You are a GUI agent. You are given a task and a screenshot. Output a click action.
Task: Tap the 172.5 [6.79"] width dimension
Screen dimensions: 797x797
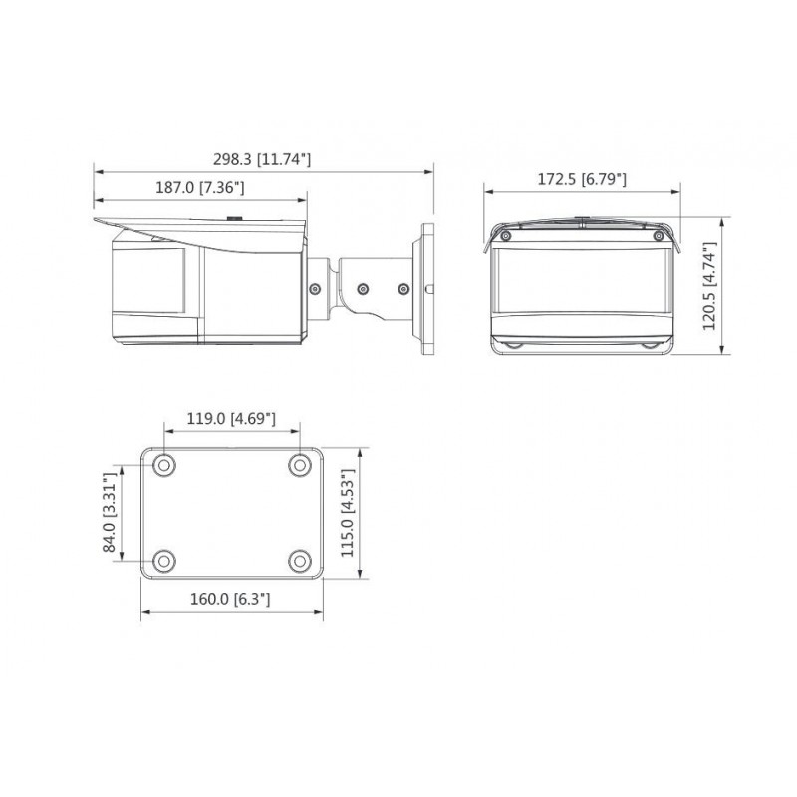point(581,179)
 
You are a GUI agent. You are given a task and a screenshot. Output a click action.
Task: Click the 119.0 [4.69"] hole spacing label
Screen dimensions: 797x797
point(231,419)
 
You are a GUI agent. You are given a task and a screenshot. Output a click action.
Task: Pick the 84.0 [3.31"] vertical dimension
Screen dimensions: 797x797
point(111,512)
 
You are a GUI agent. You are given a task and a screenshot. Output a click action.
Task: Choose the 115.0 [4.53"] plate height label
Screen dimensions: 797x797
point(348,512)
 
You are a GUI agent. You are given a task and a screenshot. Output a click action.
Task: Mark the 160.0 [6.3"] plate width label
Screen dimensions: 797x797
point(231,599)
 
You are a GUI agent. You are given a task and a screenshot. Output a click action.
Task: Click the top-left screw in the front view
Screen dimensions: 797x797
point(506,236)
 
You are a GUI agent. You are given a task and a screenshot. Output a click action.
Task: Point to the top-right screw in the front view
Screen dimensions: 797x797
point(657,236)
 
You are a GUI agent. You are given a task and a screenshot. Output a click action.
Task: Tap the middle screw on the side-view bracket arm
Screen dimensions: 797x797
point(362,289)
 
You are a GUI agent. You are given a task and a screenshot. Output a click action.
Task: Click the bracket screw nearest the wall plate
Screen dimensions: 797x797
point(403,289)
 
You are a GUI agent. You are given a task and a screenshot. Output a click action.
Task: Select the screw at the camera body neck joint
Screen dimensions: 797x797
point(315,289)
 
